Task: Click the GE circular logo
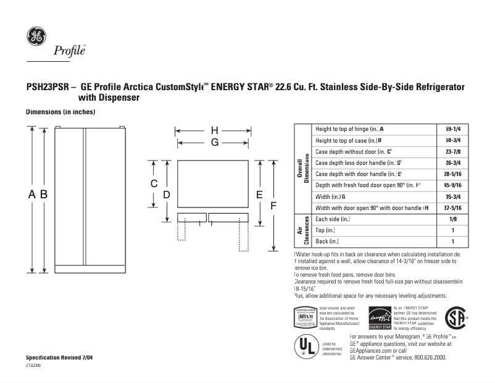tap(35, 36)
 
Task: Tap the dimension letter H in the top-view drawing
tap(214, 130)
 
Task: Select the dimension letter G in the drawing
tap(214, 142)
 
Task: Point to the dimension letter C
tap(155, 184)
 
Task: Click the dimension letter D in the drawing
tap(167, 195)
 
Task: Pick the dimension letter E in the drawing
tap(259, 195)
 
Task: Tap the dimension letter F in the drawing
tap(272, 205)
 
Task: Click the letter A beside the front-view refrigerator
tap(32, 194)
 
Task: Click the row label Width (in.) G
tap(330, 196)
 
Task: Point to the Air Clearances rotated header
tap(302, 230)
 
